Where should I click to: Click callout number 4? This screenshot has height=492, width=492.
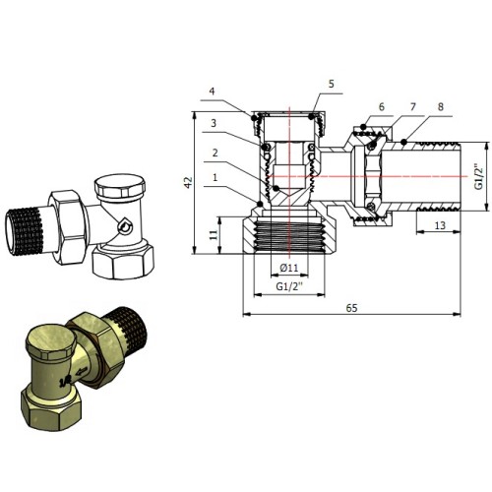pyautogui.click(x=213, y=91)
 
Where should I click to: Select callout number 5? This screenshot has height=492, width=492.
pyautogui.click(x=332, y=84)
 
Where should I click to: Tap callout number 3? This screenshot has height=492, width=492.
pyautogui.click(x=214, y=123)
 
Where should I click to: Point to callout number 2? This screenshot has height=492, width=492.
pyautogui.click(x=215, y=153)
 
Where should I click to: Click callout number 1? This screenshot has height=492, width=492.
pyautogui.click(x=215, y=177)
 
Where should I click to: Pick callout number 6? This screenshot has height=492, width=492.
pyautogui.click(x=381, y=107)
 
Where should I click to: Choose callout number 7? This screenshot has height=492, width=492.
pyautogui.click(x=413, y=107)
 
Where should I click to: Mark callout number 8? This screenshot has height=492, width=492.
pyautogui.click(x=441, y=107)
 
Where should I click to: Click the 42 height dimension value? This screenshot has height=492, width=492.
pyautogui.click(x=188, y=183)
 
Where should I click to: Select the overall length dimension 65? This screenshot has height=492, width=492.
pyautogui.click(x=351, y=308)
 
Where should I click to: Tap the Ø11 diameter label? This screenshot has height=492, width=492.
pyautogui.click(x=289, y=268)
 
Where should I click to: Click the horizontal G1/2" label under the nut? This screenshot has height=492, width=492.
pyautogui.click(x=289, y=286)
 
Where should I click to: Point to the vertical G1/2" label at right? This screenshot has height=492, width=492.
pyautogui.click(x=479, y=177)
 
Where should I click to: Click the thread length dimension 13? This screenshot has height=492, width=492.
pyautogui.click(x=440, y=225)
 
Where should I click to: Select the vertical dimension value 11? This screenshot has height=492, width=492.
pyautogui.click(x=214, y=234)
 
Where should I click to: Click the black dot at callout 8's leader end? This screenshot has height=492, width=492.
pyautogui.click(x=403, y=142)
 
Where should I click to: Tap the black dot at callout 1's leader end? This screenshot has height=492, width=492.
pyautogui.click(x=260, y=204)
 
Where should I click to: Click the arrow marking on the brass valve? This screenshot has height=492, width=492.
pyautogui.click(x=82, y=371)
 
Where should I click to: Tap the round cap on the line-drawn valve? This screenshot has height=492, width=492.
pyautogui.click(x=120, y=186)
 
